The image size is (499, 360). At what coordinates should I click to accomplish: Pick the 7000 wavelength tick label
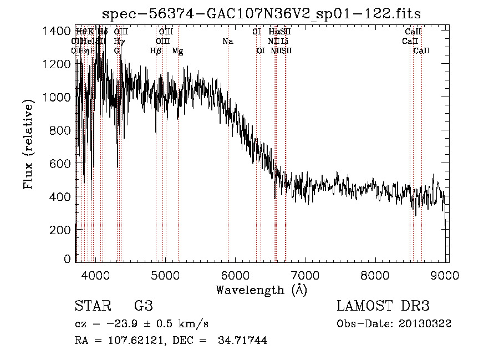tap(305, 275)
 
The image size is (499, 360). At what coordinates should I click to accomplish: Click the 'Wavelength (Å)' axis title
tap(261, 290)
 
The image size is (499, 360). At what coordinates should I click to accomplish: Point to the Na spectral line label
tap(227, 41)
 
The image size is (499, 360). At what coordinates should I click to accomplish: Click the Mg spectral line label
tap(177, 51)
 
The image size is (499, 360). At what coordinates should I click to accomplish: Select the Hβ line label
tap(156, 50)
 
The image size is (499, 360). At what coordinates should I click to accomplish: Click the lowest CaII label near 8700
tap(421, 50)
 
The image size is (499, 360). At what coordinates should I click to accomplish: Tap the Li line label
tap(284, 41)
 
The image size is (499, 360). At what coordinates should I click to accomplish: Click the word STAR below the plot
tap(92, 306)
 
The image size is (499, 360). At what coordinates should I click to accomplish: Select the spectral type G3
tap(143, 306)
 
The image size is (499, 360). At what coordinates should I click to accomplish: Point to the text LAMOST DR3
tap(383, 306)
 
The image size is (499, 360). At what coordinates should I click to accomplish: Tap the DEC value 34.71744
tap(241, 341)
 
